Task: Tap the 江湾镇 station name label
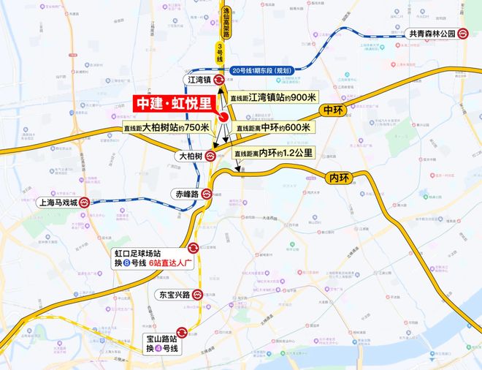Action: (198, 80)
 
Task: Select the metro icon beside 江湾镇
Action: (218, 80)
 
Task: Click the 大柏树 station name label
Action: (189, 156)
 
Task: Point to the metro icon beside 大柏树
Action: (210, 156)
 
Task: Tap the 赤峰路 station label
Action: (187, 195)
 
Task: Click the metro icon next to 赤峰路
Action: (208, 195)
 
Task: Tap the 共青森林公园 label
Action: (430, 34)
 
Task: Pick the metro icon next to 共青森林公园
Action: (462, 34)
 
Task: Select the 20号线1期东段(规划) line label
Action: (261, 70)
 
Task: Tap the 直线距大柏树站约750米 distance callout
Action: (167, 127)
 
